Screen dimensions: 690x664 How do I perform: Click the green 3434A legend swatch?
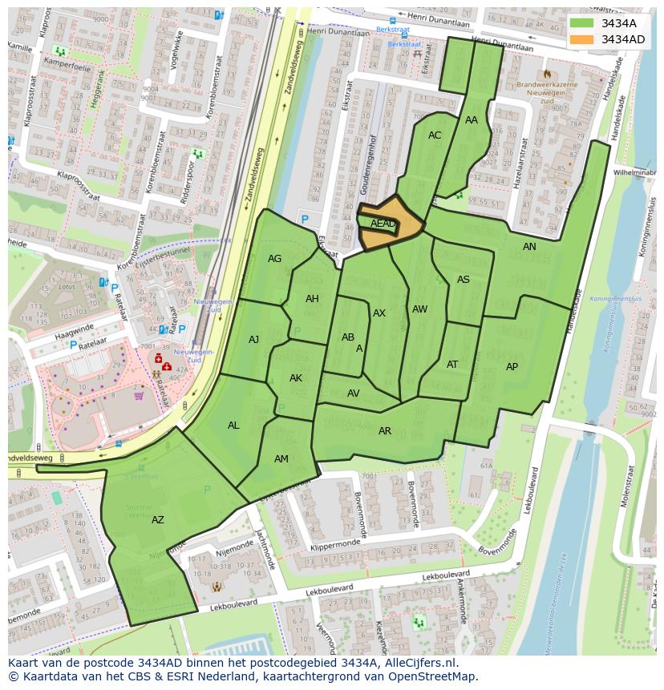[582, 23]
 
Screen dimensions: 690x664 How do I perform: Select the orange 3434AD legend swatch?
[582, 39]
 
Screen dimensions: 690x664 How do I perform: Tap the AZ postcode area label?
[158, 520]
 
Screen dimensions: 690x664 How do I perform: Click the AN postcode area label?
[529, 247]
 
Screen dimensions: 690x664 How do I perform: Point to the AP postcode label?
[512, 367]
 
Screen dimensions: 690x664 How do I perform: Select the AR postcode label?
[385, 431]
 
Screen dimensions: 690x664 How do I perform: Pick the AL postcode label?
[233, 426]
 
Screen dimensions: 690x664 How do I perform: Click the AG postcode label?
[275, 259]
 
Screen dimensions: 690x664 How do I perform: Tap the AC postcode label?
[435, 135]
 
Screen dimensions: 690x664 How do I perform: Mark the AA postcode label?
[472, 120]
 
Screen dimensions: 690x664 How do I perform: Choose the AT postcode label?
[452, 365]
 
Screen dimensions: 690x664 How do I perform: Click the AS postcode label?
[464, 280]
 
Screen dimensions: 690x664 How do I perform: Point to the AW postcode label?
[419, 309]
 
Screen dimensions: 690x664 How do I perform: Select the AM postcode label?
[281, 459]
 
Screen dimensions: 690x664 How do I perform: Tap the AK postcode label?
[296, 378]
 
